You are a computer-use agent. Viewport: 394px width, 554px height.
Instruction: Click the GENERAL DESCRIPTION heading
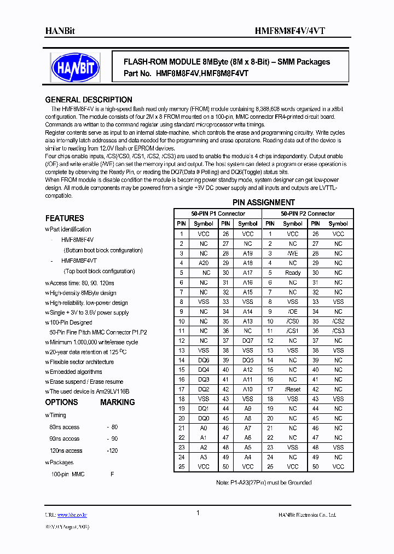pyautogui.click(x=88, y=100)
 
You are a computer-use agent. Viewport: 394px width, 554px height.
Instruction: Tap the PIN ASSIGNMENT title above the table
pyautogui.click(x=264, y=203)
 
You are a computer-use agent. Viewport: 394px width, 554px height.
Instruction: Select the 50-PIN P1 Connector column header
pyautogui.click(x=218, y=213)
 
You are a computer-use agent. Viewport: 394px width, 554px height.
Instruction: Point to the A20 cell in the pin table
pyautogui.click(x=204, y=263)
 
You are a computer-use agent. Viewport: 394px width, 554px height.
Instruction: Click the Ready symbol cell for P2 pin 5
pyautogui.click(x=293, y=273)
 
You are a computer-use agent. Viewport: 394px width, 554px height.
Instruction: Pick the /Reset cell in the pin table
pyautogui.click(x=293, y=390)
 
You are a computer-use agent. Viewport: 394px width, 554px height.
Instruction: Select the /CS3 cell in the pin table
pyautogui.click(x=338, y=331)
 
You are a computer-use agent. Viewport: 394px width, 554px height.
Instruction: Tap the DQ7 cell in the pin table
pyautogui.click(x=248, y=341)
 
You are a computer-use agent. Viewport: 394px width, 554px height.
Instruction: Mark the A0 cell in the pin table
pyautogui.click(x=204, y=428)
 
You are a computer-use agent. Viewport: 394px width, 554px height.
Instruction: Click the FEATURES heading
pyautogui.click(x=65, y=218)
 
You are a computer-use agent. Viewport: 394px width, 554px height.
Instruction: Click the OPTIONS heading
pyautogui.click(x=61, y=402)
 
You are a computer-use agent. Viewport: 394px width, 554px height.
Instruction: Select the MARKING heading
pyautogui.click(x=117, y=402)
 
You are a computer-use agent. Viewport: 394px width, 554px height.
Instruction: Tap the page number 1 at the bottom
pyautogui.click(x=198, y=513)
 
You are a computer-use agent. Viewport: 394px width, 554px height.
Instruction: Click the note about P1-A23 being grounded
pyautogui.click(x=264, y=482)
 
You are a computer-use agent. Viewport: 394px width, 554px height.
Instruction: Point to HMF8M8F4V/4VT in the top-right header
pyautogui.click(x=315, y=31)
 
